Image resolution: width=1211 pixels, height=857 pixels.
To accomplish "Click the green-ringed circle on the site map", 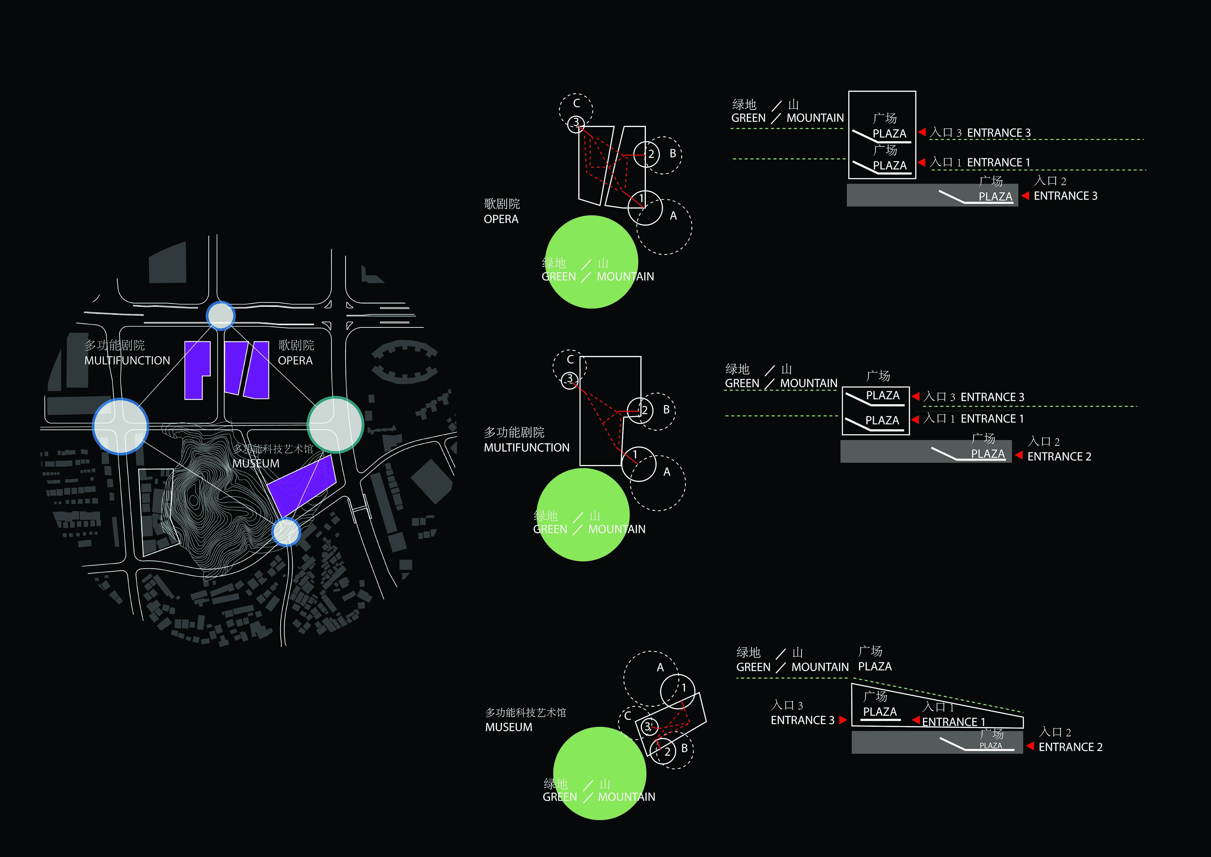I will [335, 425].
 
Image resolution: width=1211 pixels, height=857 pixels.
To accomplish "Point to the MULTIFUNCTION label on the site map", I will [127, 360].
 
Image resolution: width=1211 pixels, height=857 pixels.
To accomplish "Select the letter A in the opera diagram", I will [673, 216].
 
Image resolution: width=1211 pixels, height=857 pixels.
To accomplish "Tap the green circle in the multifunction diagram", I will [583, 514].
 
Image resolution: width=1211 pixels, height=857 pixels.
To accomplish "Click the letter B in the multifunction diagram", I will [666, 409].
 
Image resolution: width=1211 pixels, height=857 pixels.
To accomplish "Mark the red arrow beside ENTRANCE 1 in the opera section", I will [921, 162].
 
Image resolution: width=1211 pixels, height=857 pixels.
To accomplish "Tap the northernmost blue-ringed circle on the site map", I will [220, 316].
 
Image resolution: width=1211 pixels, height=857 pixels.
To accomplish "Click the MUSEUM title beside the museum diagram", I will [508, 727].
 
